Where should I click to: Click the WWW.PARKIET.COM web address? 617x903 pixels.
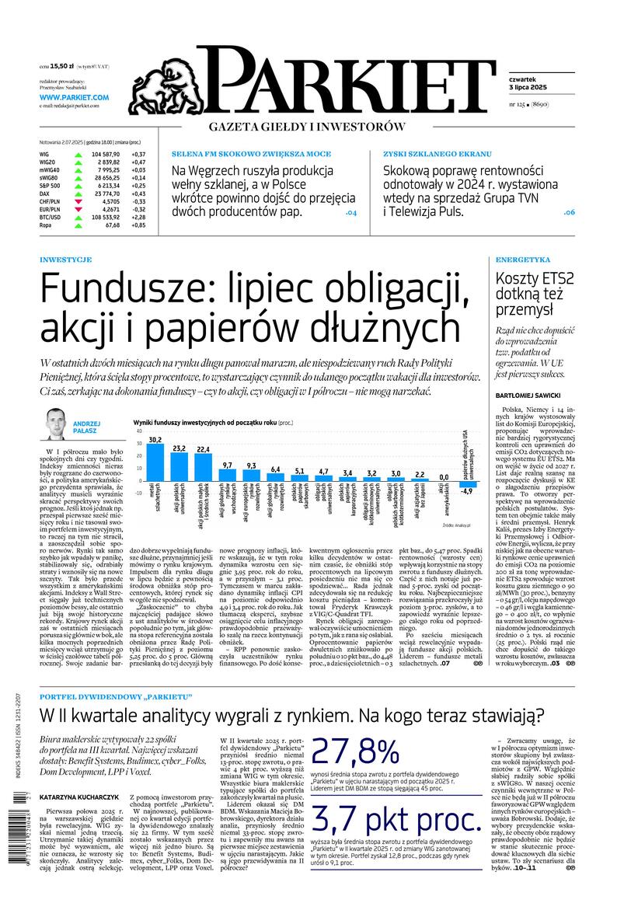tap(74, 97)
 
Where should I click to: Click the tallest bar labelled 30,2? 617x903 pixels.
tap(155, 463)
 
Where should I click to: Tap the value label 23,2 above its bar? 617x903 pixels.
tap(179, 448)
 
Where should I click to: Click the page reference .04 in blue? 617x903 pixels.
tap(350, 211)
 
